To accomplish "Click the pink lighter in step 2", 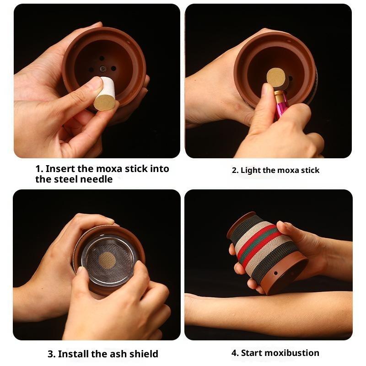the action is [x=281, y=104].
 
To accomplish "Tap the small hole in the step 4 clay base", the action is [x=276, y=273].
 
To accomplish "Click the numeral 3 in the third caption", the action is [x=51, y=354].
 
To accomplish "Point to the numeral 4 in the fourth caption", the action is [x=235, y=353].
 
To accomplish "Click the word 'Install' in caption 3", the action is [x=74, y=354].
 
